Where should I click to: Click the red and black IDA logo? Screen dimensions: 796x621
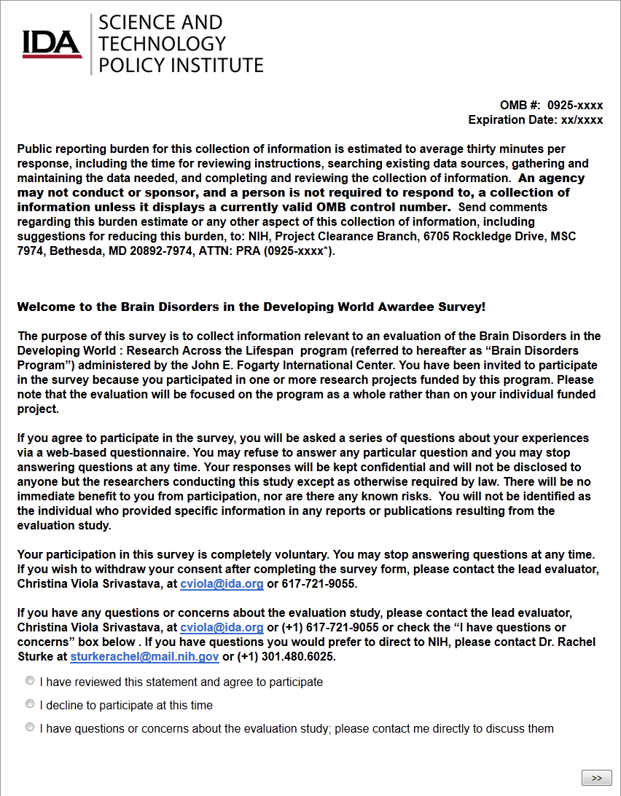coord(51,44)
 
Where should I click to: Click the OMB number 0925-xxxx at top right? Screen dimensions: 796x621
coord(575,105)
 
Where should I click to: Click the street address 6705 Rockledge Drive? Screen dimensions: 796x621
coord(496,237)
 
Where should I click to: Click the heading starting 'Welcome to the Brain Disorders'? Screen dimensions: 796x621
coord(251,307)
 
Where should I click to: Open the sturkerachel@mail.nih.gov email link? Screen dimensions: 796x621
coord(144,657)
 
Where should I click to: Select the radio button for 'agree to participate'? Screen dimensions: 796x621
coord(30,681)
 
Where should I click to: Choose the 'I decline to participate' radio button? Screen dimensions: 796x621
coord(30,704)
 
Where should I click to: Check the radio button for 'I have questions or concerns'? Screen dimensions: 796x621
coord(30,728)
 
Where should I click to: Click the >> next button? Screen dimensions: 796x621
coord(596,778)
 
